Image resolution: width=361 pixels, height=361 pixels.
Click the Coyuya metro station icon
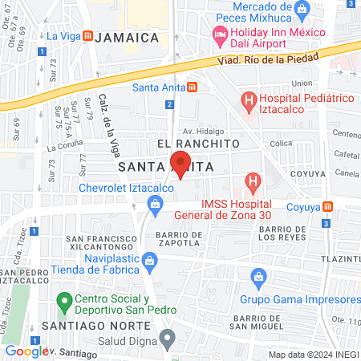pyautogui.click(x=327, y=206)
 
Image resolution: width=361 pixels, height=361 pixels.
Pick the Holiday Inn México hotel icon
pyautogui.click(x=218, y=34)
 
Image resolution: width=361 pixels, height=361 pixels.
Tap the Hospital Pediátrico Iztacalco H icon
pyautogui.click(x=249, y=101)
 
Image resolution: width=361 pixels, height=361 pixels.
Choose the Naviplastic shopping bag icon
pyautogui.click(x=149, y=260)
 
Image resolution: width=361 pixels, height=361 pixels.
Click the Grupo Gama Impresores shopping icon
pyautogui.click(x=258, y=278)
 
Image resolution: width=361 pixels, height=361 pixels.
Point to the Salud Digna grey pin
pyautogui.click(x=167, y=340)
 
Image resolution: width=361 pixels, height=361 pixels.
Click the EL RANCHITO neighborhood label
pyautogui.click(x=198, y=143)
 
